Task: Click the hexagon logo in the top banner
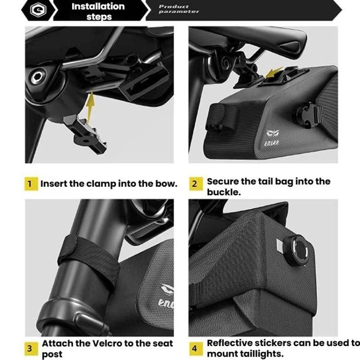click(x=38, y=10)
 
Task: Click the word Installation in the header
click(x=98, y=6)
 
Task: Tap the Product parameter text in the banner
click(x=179, y=9)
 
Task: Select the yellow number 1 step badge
click(x=31, y=184)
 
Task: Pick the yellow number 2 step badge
click(x=196, y=184)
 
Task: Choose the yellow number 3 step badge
click(x=31, y=348)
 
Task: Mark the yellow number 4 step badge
click(x=196, y=348)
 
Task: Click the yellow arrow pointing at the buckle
click(x=274, y=73)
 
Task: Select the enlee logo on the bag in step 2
click(x=272, y=138)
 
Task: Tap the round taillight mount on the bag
click(x=296, y=250)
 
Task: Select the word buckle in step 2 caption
click(x=224, y=192)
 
